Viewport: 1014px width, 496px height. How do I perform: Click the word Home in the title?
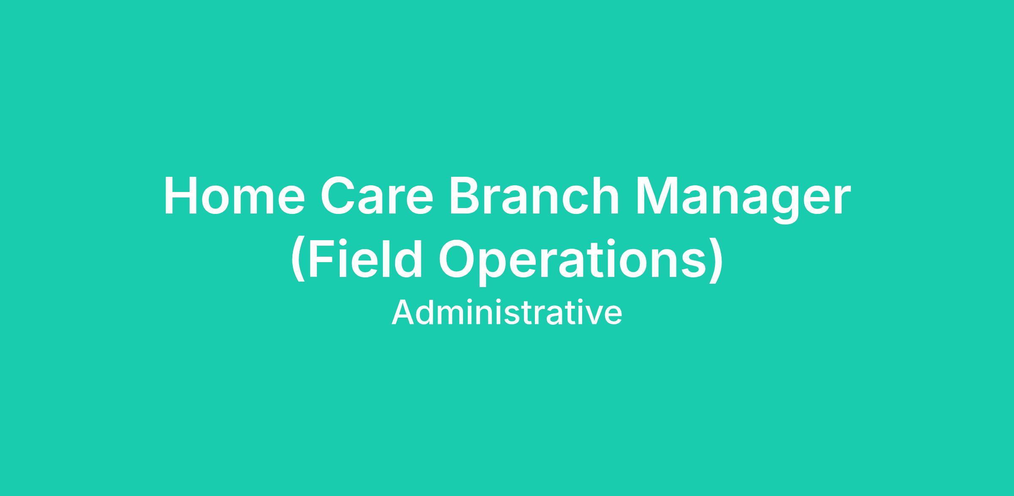[x=234, y=196]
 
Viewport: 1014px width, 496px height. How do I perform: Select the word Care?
[x=377, y=196]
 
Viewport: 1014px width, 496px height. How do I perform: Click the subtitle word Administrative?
[x=507, y=313]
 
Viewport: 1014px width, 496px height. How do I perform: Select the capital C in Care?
[x=339, y=196]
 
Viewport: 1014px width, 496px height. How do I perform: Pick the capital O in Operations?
[x=458, y=258]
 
